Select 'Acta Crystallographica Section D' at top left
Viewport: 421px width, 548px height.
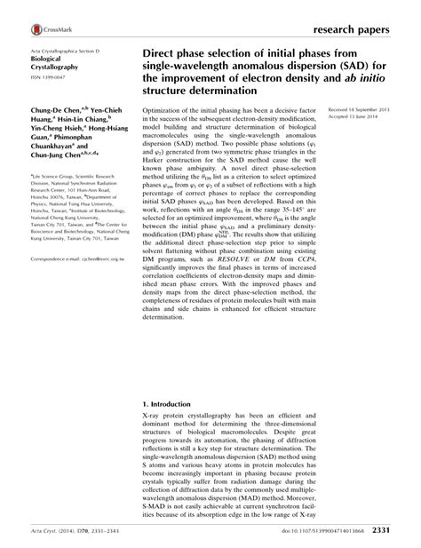(x=69, y=55)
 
